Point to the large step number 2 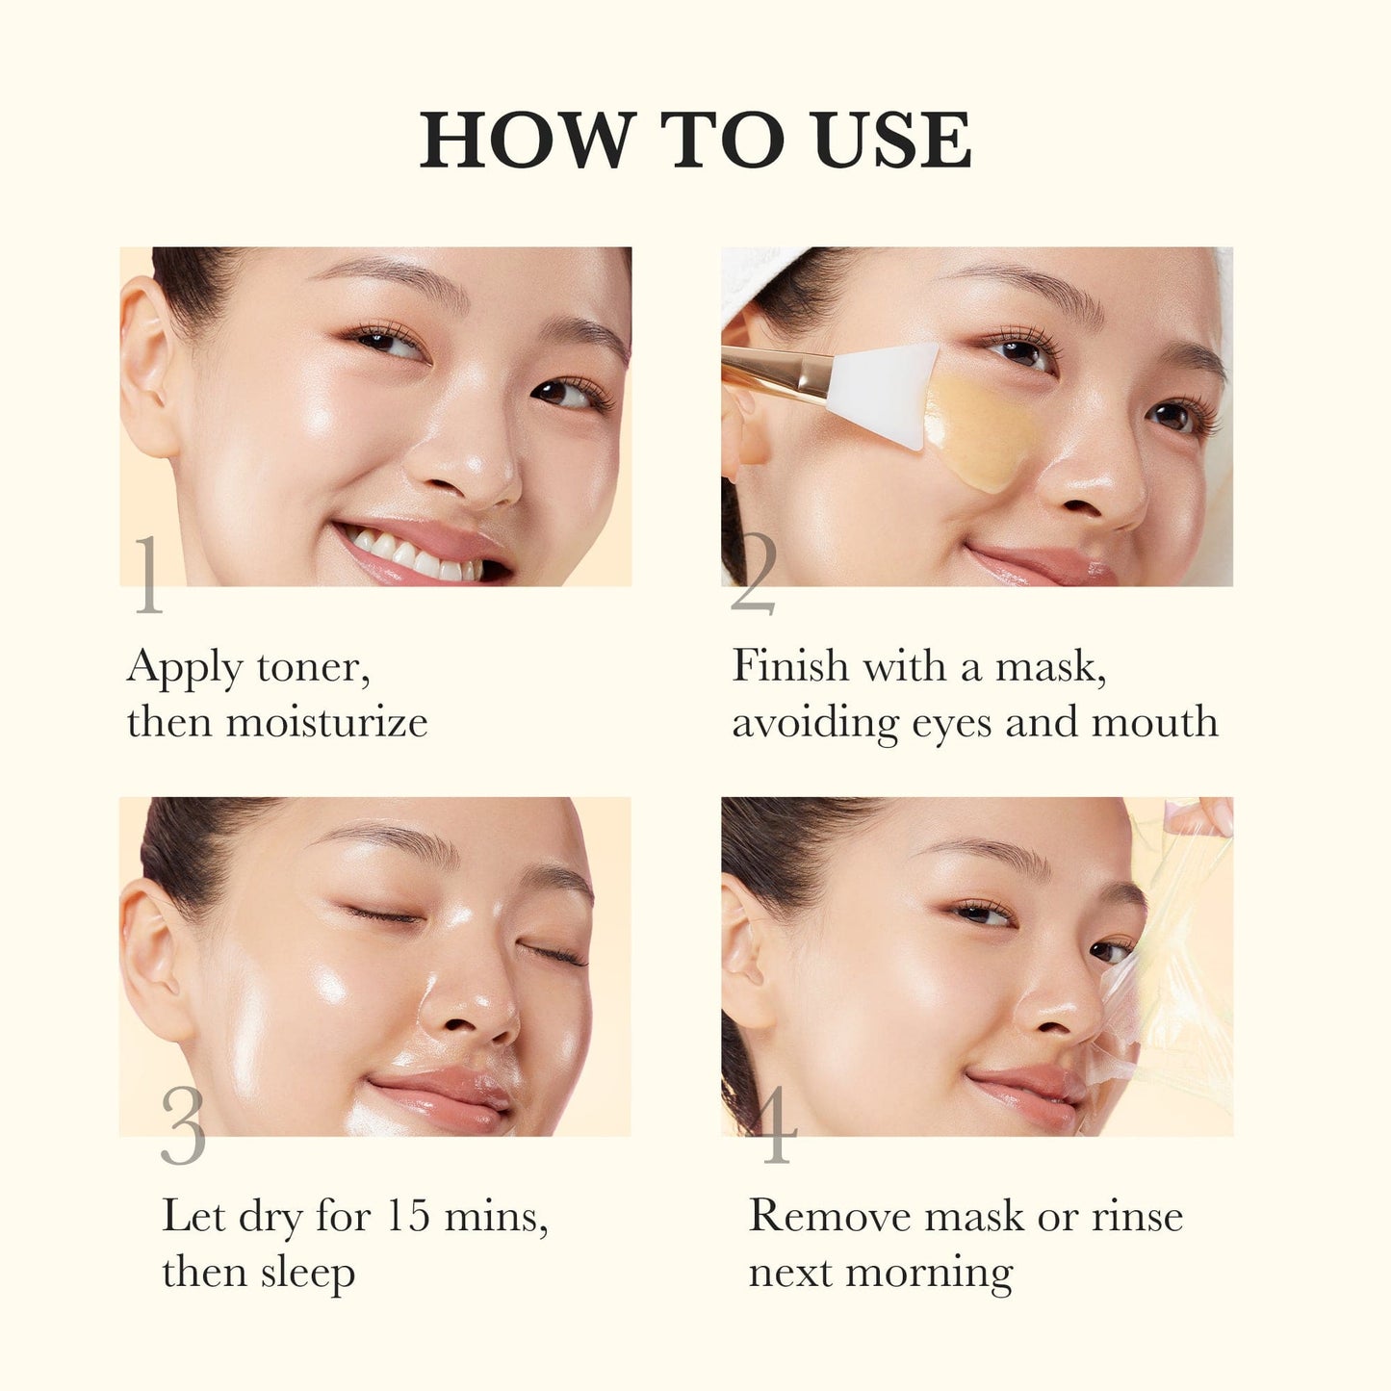click(753, 575)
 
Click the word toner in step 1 click(313, 667)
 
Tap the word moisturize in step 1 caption click(326, 722)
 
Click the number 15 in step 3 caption click(407, 1216)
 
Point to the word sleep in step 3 click(307, 1274)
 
